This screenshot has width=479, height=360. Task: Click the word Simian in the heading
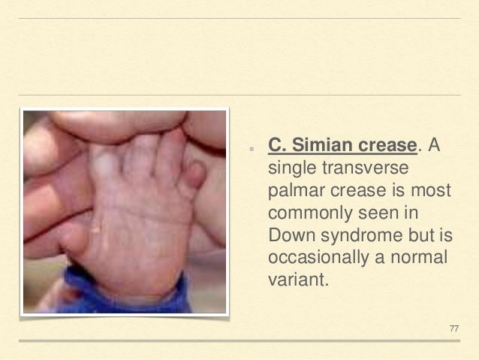[x=315, y=144]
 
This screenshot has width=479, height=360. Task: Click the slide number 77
[x=453, y=328]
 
